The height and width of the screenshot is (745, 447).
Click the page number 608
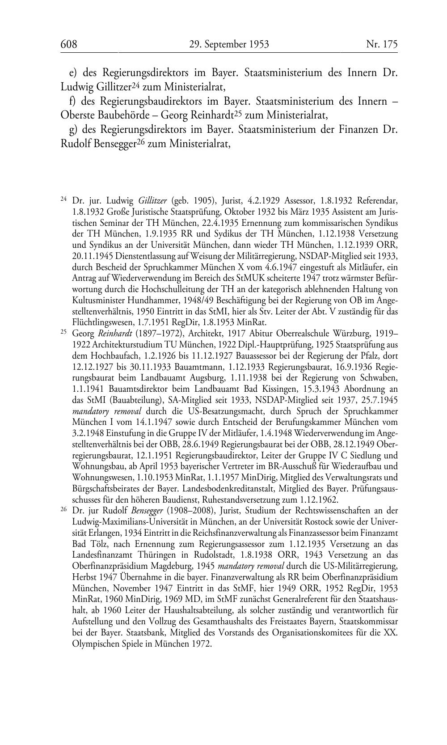[69, 44]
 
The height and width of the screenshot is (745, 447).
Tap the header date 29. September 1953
[228, 44]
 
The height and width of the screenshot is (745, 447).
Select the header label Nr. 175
[382, 44]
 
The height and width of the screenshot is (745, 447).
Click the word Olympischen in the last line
[94, 644]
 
